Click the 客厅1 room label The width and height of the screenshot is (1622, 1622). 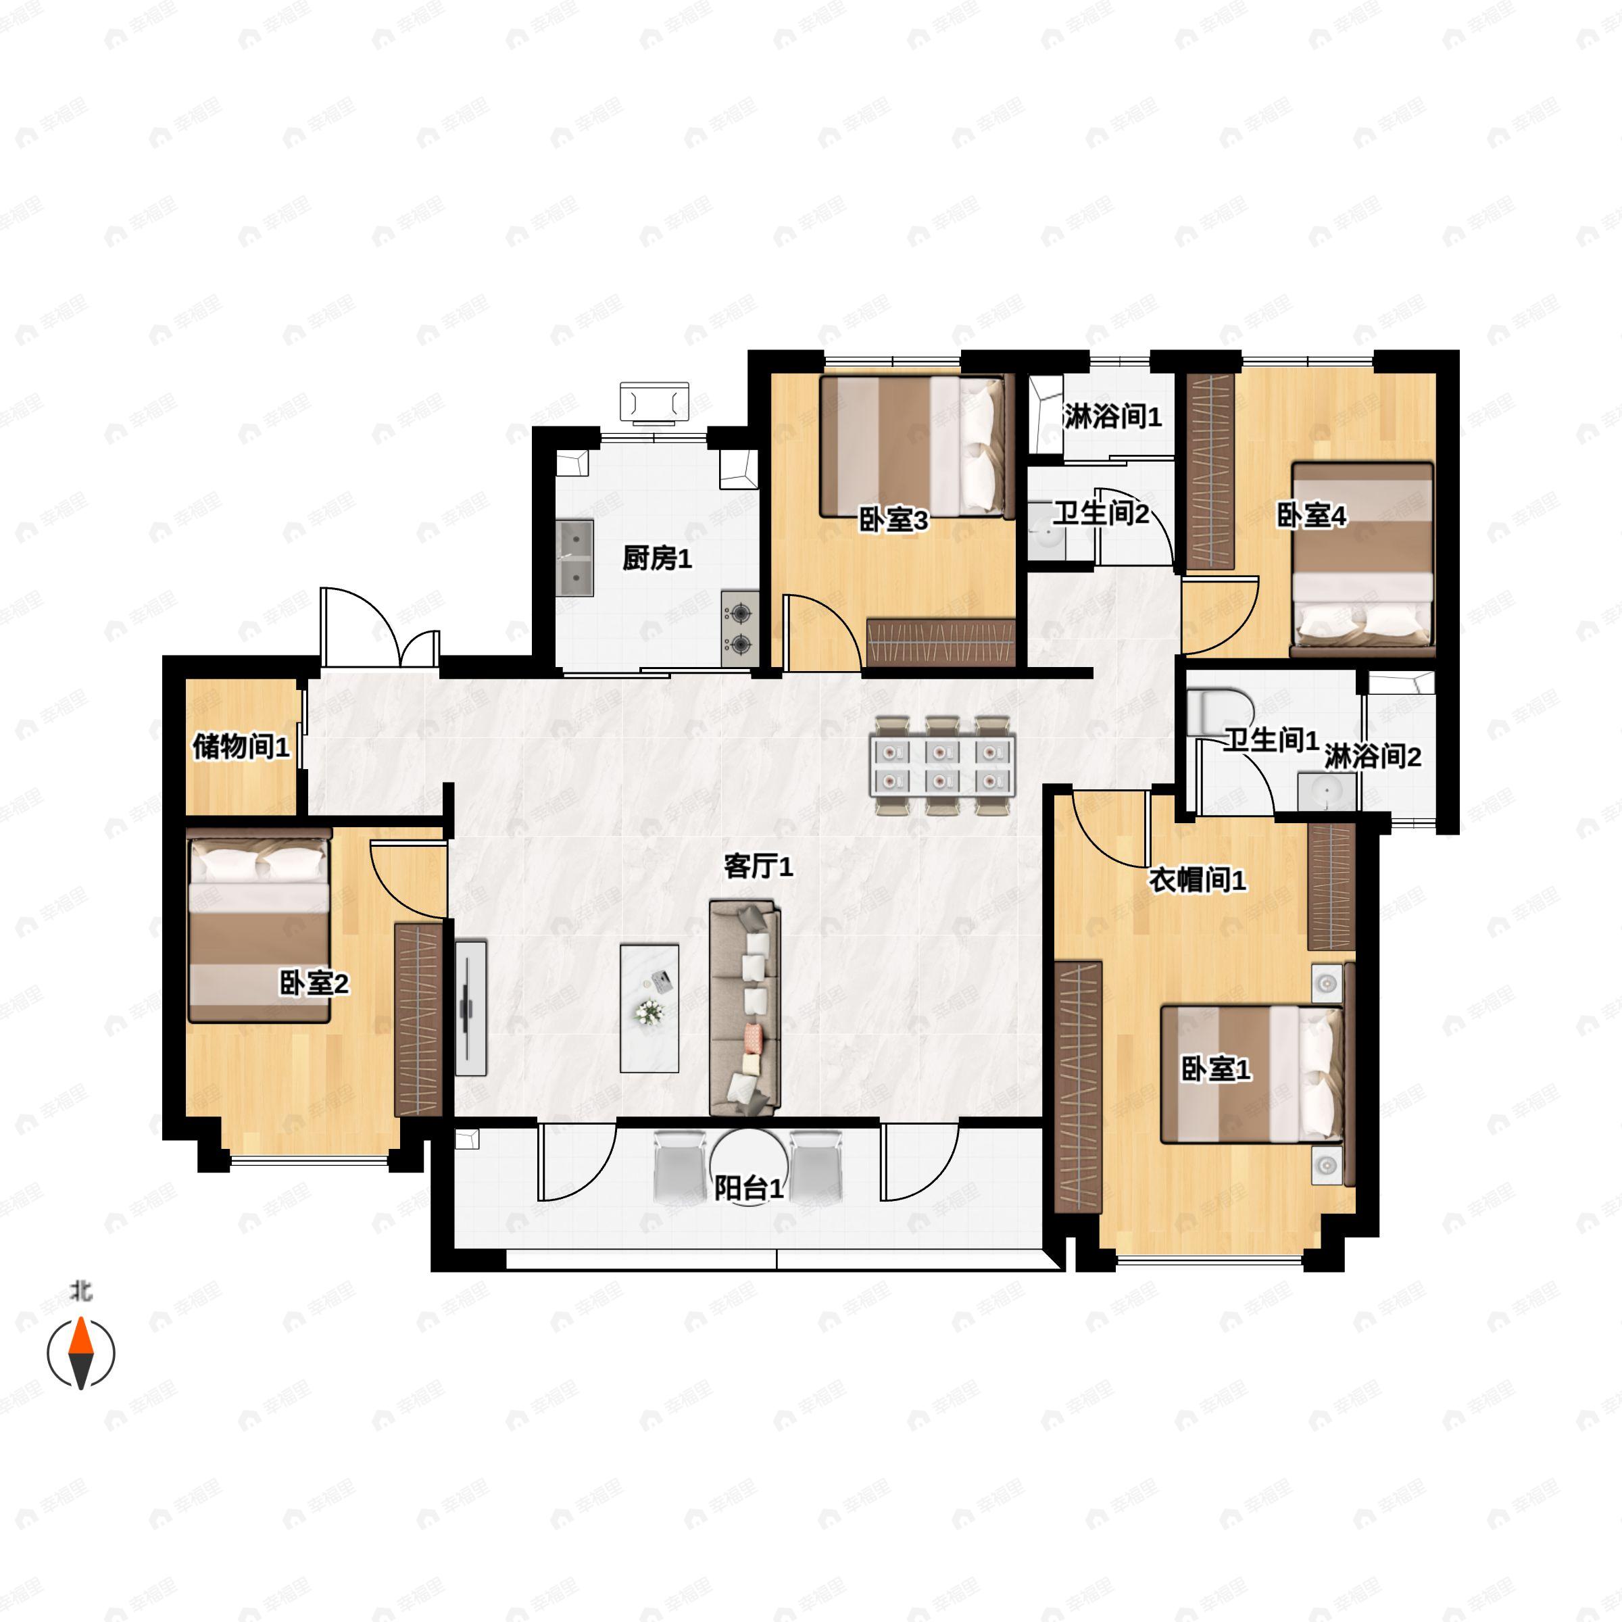(x=758, y=866)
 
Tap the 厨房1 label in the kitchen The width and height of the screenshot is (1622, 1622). (x=656, y=558)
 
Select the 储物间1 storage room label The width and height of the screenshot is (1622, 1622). (x=241, y=745)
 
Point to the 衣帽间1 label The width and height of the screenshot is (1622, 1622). (x=1196, y=881)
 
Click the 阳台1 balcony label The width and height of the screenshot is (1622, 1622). (x=749, y=1189)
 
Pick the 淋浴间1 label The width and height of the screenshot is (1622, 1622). (x=1112, y=416)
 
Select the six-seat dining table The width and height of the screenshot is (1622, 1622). (x=942, y=765)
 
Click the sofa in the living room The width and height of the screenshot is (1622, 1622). (x=745, y=1008)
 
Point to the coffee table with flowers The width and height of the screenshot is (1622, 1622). (x=649, y=1008)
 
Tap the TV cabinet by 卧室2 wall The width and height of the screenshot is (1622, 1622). (x=471, y=1008)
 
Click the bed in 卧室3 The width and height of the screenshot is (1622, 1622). (x=912, y=446)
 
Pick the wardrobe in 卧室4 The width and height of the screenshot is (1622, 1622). (x=1210, y=472)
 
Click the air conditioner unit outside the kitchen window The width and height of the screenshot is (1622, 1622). (x=654, y=401)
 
